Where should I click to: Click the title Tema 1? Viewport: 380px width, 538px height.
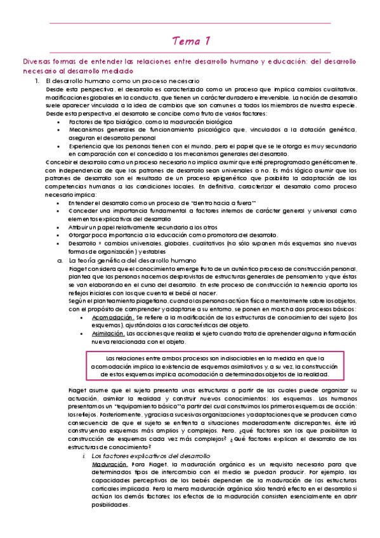[x=190, y=41]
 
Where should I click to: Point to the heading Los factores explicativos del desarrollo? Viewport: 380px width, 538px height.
[x=151, y=473]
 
